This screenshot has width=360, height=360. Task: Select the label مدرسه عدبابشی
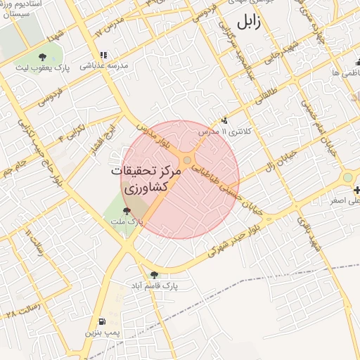105,65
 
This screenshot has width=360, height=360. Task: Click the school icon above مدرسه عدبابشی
103,55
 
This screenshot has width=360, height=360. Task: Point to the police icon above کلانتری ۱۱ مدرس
225,120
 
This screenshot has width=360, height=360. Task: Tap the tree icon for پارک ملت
127,210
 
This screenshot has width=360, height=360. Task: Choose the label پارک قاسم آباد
155,285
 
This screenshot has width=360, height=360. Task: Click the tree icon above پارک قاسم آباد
154,274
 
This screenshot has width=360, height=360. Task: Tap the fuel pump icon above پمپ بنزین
103,321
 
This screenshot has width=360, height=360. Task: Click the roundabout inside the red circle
186,160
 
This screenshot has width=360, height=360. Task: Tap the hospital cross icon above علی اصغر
357,191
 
